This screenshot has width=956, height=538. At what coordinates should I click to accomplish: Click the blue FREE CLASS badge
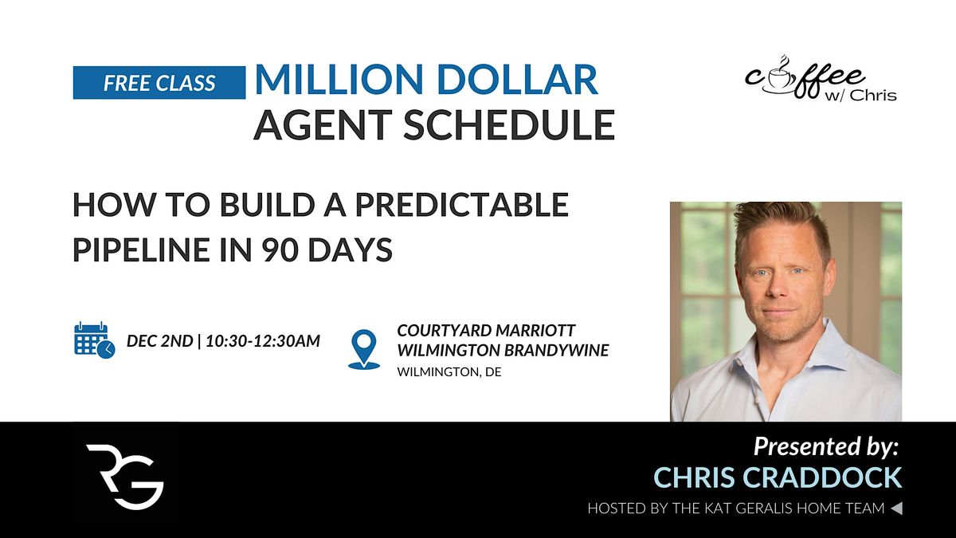tap(159, 83)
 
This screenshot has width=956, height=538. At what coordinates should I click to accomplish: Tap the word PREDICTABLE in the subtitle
tap(461, 206)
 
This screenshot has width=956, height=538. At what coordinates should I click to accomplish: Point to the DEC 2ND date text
tap(159, 341)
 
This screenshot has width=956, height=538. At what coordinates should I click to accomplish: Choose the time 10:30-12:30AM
tap(263, 341)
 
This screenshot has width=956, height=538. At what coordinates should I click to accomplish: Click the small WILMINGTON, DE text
tap(449, 372)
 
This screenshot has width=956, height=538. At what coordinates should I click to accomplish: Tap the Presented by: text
tap(825, 446)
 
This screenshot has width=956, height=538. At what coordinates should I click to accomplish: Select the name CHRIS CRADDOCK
tap(778, 478)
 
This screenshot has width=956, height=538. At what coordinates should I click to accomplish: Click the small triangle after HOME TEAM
tap(896, 508)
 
